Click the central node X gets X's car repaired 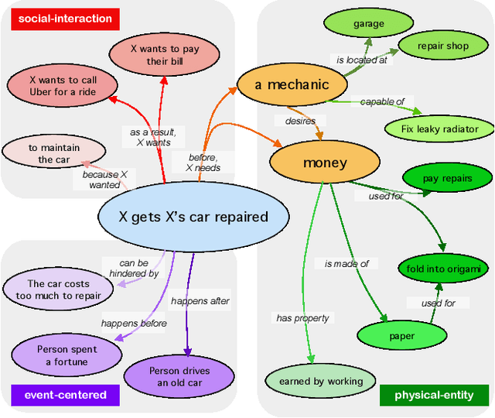pos(193,218)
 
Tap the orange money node pos(325,163)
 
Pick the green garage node pos(368,24)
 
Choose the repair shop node pos(442,46)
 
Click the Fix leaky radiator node pos(439,128)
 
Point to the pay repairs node pos(447,179)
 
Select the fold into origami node pos(443,269)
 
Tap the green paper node pos(402,336)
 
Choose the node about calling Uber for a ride pos(63,85)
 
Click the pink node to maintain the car pos(53,153)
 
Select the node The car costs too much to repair pos(59,290)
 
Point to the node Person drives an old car pos(179,376)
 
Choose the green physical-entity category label pos(434,395)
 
